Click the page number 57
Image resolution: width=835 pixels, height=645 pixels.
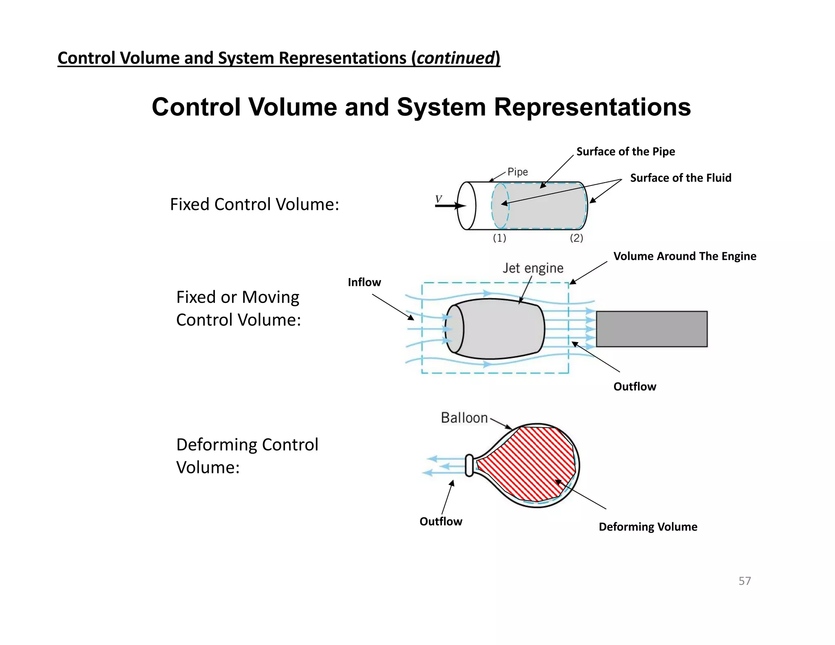pyautogui.click(x=744, y=581)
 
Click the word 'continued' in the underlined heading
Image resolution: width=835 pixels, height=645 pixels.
pyautogui.click(x=455, y=58)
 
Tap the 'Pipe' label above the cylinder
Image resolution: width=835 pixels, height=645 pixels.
pyautogui.click(x=517, y=172)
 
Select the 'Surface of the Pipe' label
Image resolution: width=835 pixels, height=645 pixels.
pyautogui.click(x=625, y=152)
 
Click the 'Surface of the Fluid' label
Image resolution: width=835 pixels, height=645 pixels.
pyautogui.click(x=680, y=178)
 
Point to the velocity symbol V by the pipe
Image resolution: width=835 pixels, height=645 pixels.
pyautogui.click(x=439, y=199)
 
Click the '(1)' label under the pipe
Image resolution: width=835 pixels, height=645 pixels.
pyautogui.click(x=499, y=238)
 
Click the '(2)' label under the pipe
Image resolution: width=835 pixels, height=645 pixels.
pyautogui.click(x=576, y=238)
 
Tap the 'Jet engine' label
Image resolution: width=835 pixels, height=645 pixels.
pyautogui.click(x=532, y=268)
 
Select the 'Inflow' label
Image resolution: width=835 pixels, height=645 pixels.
pyautogui.click(x=364, y=282)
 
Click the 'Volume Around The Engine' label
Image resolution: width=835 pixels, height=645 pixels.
pyautogui.click(x=685, y=256)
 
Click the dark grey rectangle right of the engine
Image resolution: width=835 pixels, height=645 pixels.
pyautogui.click(x=652, y=329)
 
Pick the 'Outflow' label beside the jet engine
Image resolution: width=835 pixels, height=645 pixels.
pyautogui.click(x=634, y=387)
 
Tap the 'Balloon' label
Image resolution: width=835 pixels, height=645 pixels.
pyautogui.click(x=464, y=418)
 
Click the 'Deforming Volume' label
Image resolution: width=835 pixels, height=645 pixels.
pyautogui.click(x=648, y=527)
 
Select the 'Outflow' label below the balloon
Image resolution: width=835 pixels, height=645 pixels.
pyautogui.click(x=441, y=521)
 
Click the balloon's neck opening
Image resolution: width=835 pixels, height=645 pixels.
pyautogui.click(x=469, y=465)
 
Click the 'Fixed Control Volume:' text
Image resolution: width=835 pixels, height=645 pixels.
pyautogui.click(x=254, y=204)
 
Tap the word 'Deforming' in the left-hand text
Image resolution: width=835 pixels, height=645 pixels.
pyautogui.click(x=216, y=445)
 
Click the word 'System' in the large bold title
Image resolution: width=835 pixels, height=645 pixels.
pyautogui.click(x=441, y=107)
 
